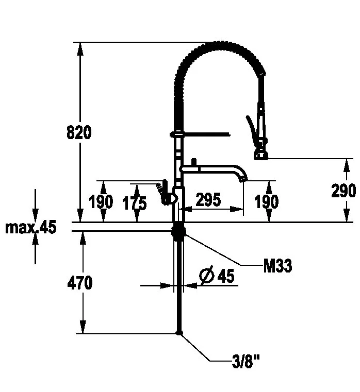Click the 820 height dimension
click(x=79, y=132)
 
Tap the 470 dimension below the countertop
click(x=80, y=283)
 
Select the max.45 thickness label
click(x=31, y=227)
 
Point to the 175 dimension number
click(x=135, y=203)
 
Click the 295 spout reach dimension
click(x=208, y=199)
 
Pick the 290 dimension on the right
click(x=343, y=191)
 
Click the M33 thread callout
click(x=277, y=265)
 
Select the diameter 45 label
click(x=217, y=276)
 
